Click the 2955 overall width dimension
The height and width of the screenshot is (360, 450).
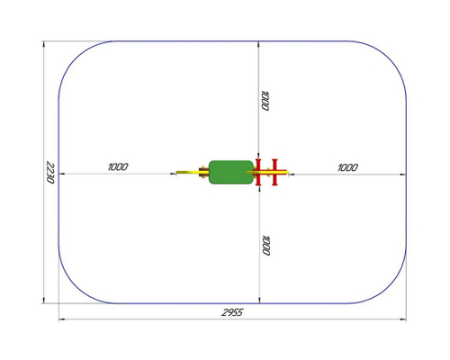[x=232, y=312]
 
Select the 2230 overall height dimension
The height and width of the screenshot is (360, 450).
[x=50, y=173]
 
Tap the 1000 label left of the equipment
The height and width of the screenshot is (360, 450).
[x=118, y=166]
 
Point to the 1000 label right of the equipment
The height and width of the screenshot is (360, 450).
[x=347, y=167]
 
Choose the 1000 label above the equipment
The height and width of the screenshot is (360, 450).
[x=265, y=101]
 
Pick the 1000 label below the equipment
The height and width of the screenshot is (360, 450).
[x=265, y=246]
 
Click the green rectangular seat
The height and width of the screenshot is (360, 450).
[x=231, y=172]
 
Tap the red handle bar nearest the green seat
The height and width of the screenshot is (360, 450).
[x=258, y=172]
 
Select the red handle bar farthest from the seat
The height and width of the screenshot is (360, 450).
[x=274, y=172]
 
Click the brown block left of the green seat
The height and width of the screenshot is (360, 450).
[x=203, y=173]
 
